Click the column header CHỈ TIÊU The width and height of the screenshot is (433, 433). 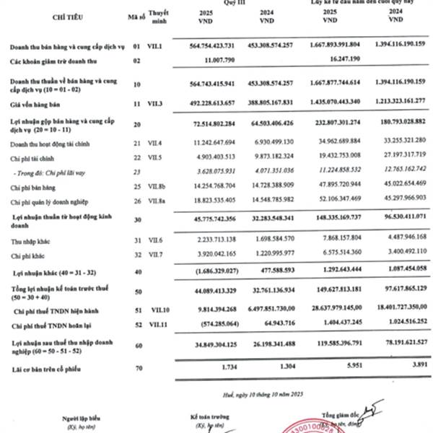[63, 15]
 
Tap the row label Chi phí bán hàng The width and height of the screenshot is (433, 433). [34, 185]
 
